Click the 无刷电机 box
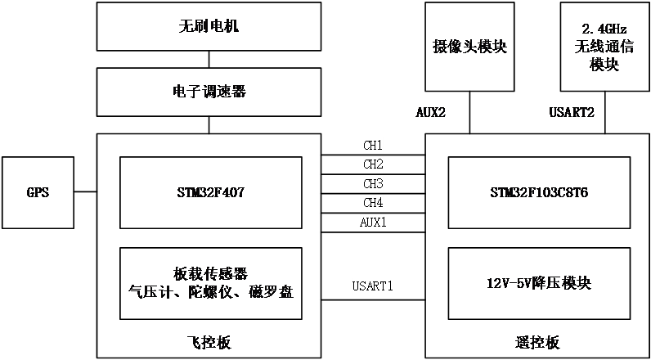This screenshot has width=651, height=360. pos(209,27)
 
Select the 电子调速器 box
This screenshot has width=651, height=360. pos(209,92)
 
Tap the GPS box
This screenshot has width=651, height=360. pos(37,193)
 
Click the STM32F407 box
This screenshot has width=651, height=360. pos(211,193)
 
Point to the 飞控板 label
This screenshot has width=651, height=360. pos(209,342)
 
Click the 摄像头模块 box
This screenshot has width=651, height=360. pos(469,47)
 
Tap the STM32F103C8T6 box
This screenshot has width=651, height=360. pos(539,193)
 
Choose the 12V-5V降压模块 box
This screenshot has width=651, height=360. pos(539,284)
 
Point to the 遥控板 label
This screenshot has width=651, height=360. pos(539,342)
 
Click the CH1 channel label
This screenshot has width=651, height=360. pos(373,145)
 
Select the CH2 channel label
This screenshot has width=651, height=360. pos(373,164)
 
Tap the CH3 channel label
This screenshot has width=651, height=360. pos(373,183)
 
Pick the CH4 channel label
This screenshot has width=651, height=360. pos(373,202)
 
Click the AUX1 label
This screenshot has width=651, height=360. pos(373,222)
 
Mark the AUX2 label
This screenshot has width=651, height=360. pos(430,113)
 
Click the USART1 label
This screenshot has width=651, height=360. pos(373,286)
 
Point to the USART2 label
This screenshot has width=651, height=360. pos(572,113)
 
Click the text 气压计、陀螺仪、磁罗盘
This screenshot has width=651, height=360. pos(211,292)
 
